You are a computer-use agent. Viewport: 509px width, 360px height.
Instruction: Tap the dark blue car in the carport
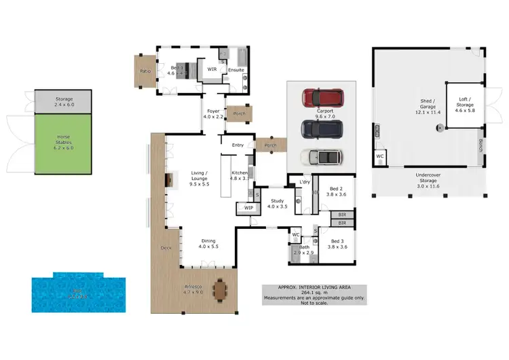[321, 128]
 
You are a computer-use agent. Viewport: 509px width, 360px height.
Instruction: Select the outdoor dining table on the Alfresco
[221, 290]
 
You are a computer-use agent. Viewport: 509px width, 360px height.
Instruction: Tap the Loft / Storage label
[465, 103]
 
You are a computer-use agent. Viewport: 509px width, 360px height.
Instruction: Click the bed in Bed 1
[183, 71]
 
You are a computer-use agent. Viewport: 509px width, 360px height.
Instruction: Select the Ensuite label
[236, 69]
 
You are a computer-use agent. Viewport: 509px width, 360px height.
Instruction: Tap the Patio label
[145, 71]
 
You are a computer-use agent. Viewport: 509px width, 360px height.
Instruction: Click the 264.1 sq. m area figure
[314, 293]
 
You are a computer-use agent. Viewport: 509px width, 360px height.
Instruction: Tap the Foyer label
[213, 112]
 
